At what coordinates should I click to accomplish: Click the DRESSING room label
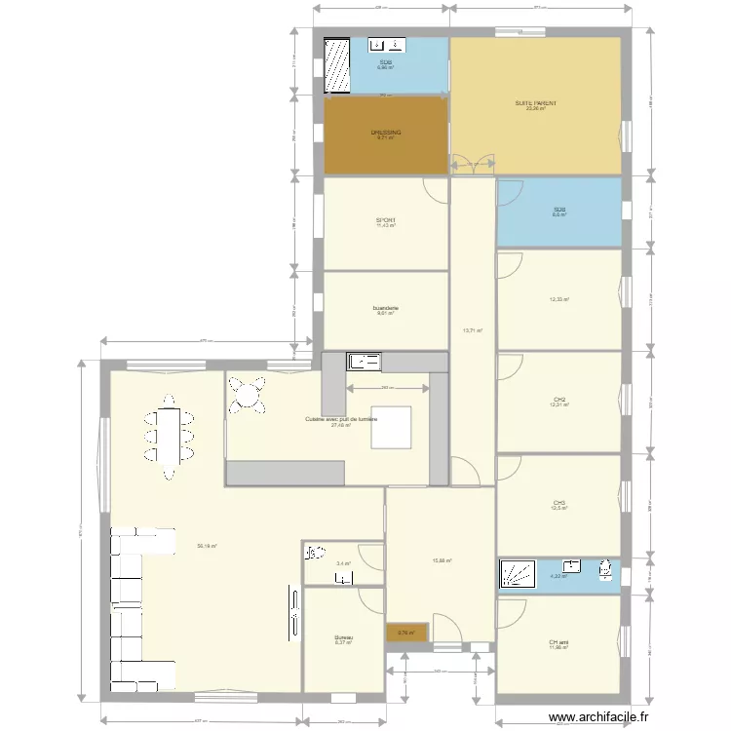386,133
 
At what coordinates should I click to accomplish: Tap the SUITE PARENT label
535,103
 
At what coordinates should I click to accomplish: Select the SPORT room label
386,221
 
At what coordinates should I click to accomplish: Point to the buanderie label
386,309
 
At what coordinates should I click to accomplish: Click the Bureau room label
343,638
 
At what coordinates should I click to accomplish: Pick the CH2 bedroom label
559,400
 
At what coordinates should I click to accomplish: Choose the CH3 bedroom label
558,504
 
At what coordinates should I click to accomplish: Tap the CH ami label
558,643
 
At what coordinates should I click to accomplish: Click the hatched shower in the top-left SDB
337,65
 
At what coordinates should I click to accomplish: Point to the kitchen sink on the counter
364,363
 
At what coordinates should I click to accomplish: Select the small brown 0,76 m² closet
405,633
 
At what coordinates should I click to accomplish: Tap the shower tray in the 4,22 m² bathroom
516,574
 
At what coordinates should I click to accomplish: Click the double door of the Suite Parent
474,166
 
